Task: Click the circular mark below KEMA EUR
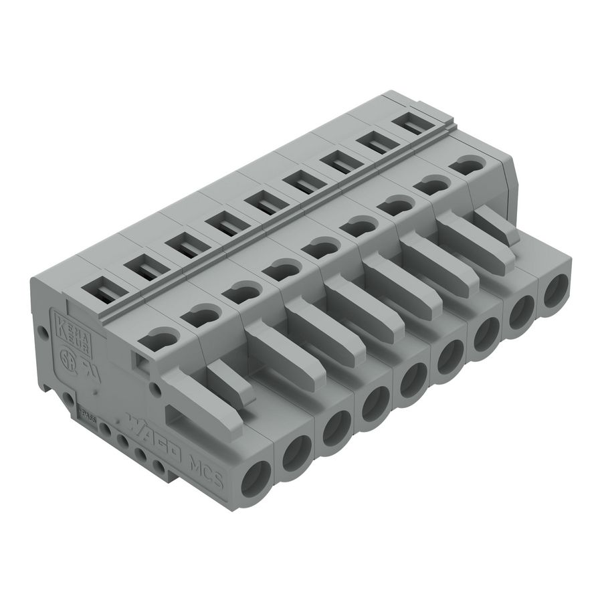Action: click(x=67, y=355)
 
